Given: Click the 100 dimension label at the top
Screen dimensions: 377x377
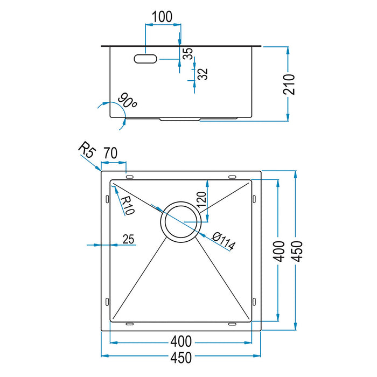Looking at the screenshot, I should [x=162, y=17].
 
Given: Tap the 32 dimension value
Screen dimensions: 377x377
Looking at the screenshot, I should [x=203, y=74].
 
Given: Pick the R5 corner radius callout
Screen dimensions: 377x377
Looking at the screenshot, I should [x=86, y=149].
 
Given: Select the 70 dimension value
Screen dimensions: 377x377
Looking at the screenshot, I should [x=110, y=153].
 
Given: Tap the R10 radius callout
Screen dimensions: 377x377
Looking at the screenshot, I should [x=127, y=205].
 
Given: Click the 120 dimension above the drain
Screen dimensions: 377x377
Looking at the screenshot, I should [x=201, y=200].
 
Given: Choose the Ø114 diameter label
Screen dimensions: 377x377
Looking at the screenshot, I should [x=224, y=241].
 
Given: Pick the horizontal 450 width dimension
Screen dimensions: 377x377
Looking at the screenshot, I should [x=181, y=356].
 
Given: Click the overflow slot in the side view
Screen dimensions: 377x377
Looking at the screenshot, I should [x=145, y=58].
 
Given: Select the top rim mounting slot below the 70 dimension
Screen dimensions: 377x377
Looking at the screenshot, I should [x=129, y=176].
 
